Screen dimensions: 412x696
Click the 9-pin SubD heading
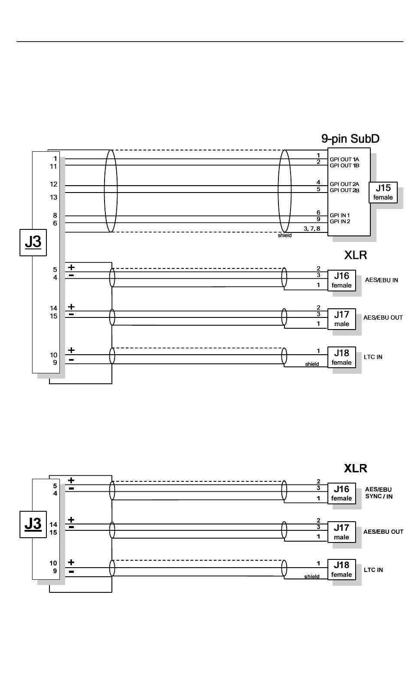350,139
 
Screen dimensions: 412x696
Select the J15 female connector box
383,193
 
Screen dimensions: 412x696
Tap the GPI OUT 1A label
344,160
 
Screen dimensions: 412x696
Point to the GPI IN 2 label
340,222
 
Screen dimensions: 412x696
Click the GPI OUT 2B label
344,190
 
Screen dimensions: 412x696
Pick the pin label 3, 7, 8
312,229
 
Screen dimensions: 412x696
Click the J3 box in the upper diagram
33,242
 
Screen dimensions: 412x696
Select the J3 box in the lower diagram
33,524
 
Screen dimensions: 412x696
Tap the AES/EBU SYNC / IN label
379,493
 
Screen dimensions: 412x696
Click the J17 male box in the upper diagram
341,319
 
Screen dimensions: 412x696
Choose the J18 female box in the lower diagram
341,569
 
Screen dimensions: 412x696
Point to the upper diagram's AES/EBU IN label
381,280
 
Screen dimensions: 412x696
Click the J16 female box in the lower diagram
341,493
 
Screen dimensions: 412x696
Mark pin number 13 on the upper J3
54,197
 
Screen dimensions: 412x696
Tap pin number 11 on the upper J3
54,167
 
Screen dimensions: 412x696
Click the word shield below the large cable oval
284,235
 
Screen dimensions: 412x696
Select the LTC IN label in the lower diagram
373,570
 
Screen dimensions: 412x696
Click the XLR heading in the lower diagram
356,468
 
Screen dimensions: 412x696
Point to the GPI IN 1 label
340,216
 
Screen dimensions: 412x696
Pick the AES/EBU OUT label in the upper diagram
383,317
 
